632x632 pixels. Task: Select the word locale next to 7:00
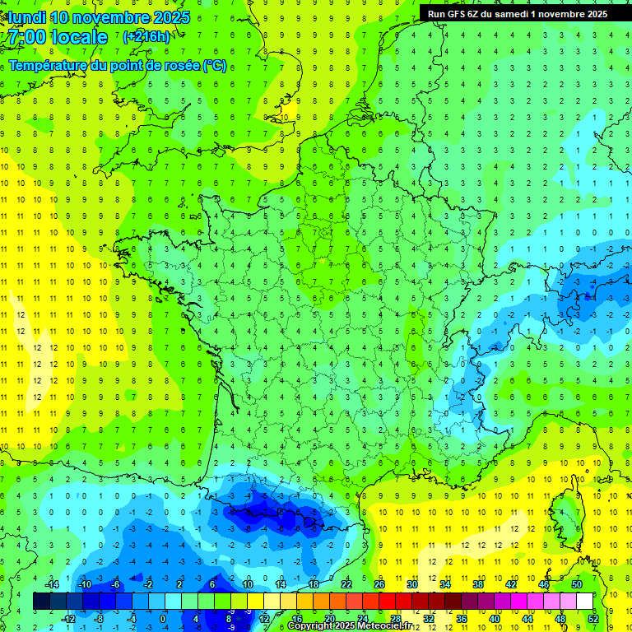pos(79,37)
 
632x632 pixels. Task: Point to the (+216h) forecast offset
pos(146,36)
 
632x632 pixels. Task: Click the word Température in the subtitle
pos(51,66)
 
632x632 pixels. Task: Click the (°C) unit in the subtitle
pos(214,66)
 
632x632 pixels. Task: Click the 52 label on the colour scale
pos(593,619)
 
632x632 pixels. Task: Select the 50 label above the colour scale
pos(577,584)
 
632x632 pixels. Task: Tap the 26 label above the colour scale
pos(379,584)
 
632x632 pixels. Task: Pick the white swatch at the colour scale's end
pos(584,602)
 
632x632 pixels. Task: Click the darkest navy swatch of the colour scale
pos(41,602)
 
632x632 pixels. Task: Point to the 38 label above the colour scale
pos(478,584)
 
